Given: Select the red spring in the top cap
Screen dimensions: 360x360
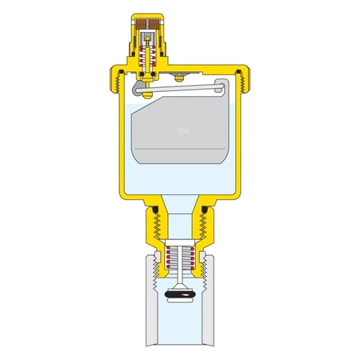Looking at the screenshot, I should tap(146, 58).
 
